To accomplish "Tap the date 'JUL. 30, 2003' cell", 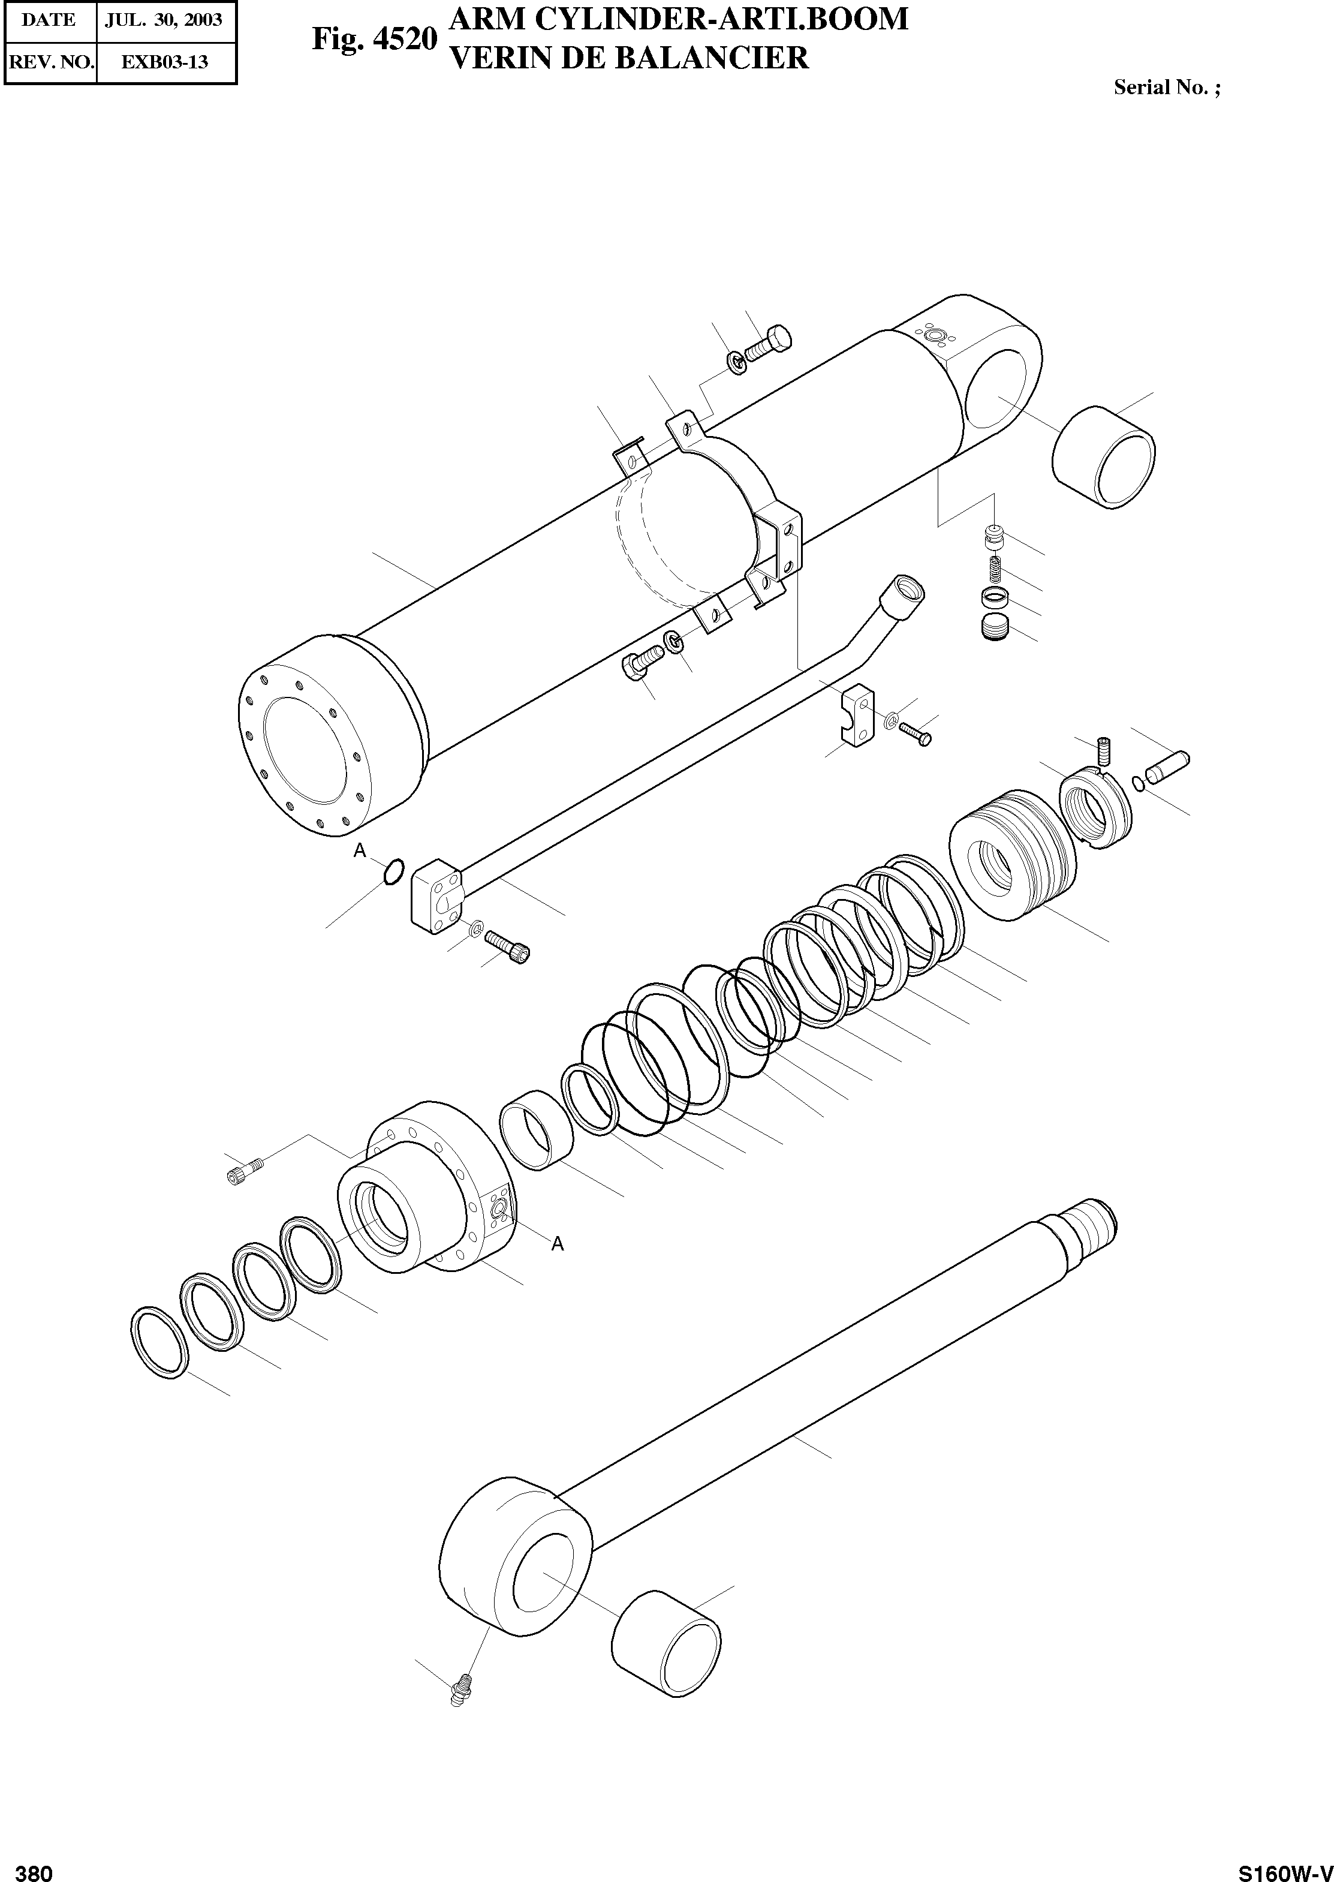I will [x=164, y=20].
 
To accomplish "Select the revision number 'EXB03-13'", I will [x=165, y=62].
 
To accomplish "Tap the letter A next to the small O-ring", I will [x=359, y=851].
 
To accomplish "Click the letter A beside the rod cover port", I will [x=558, y=1244].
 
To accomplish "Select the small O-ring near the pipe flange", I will [x=393, y=871].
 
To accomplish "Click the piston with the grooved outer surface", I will [x=1012, y=854].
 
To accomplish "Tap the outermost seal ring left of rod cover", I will [x=159, y=1339].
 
